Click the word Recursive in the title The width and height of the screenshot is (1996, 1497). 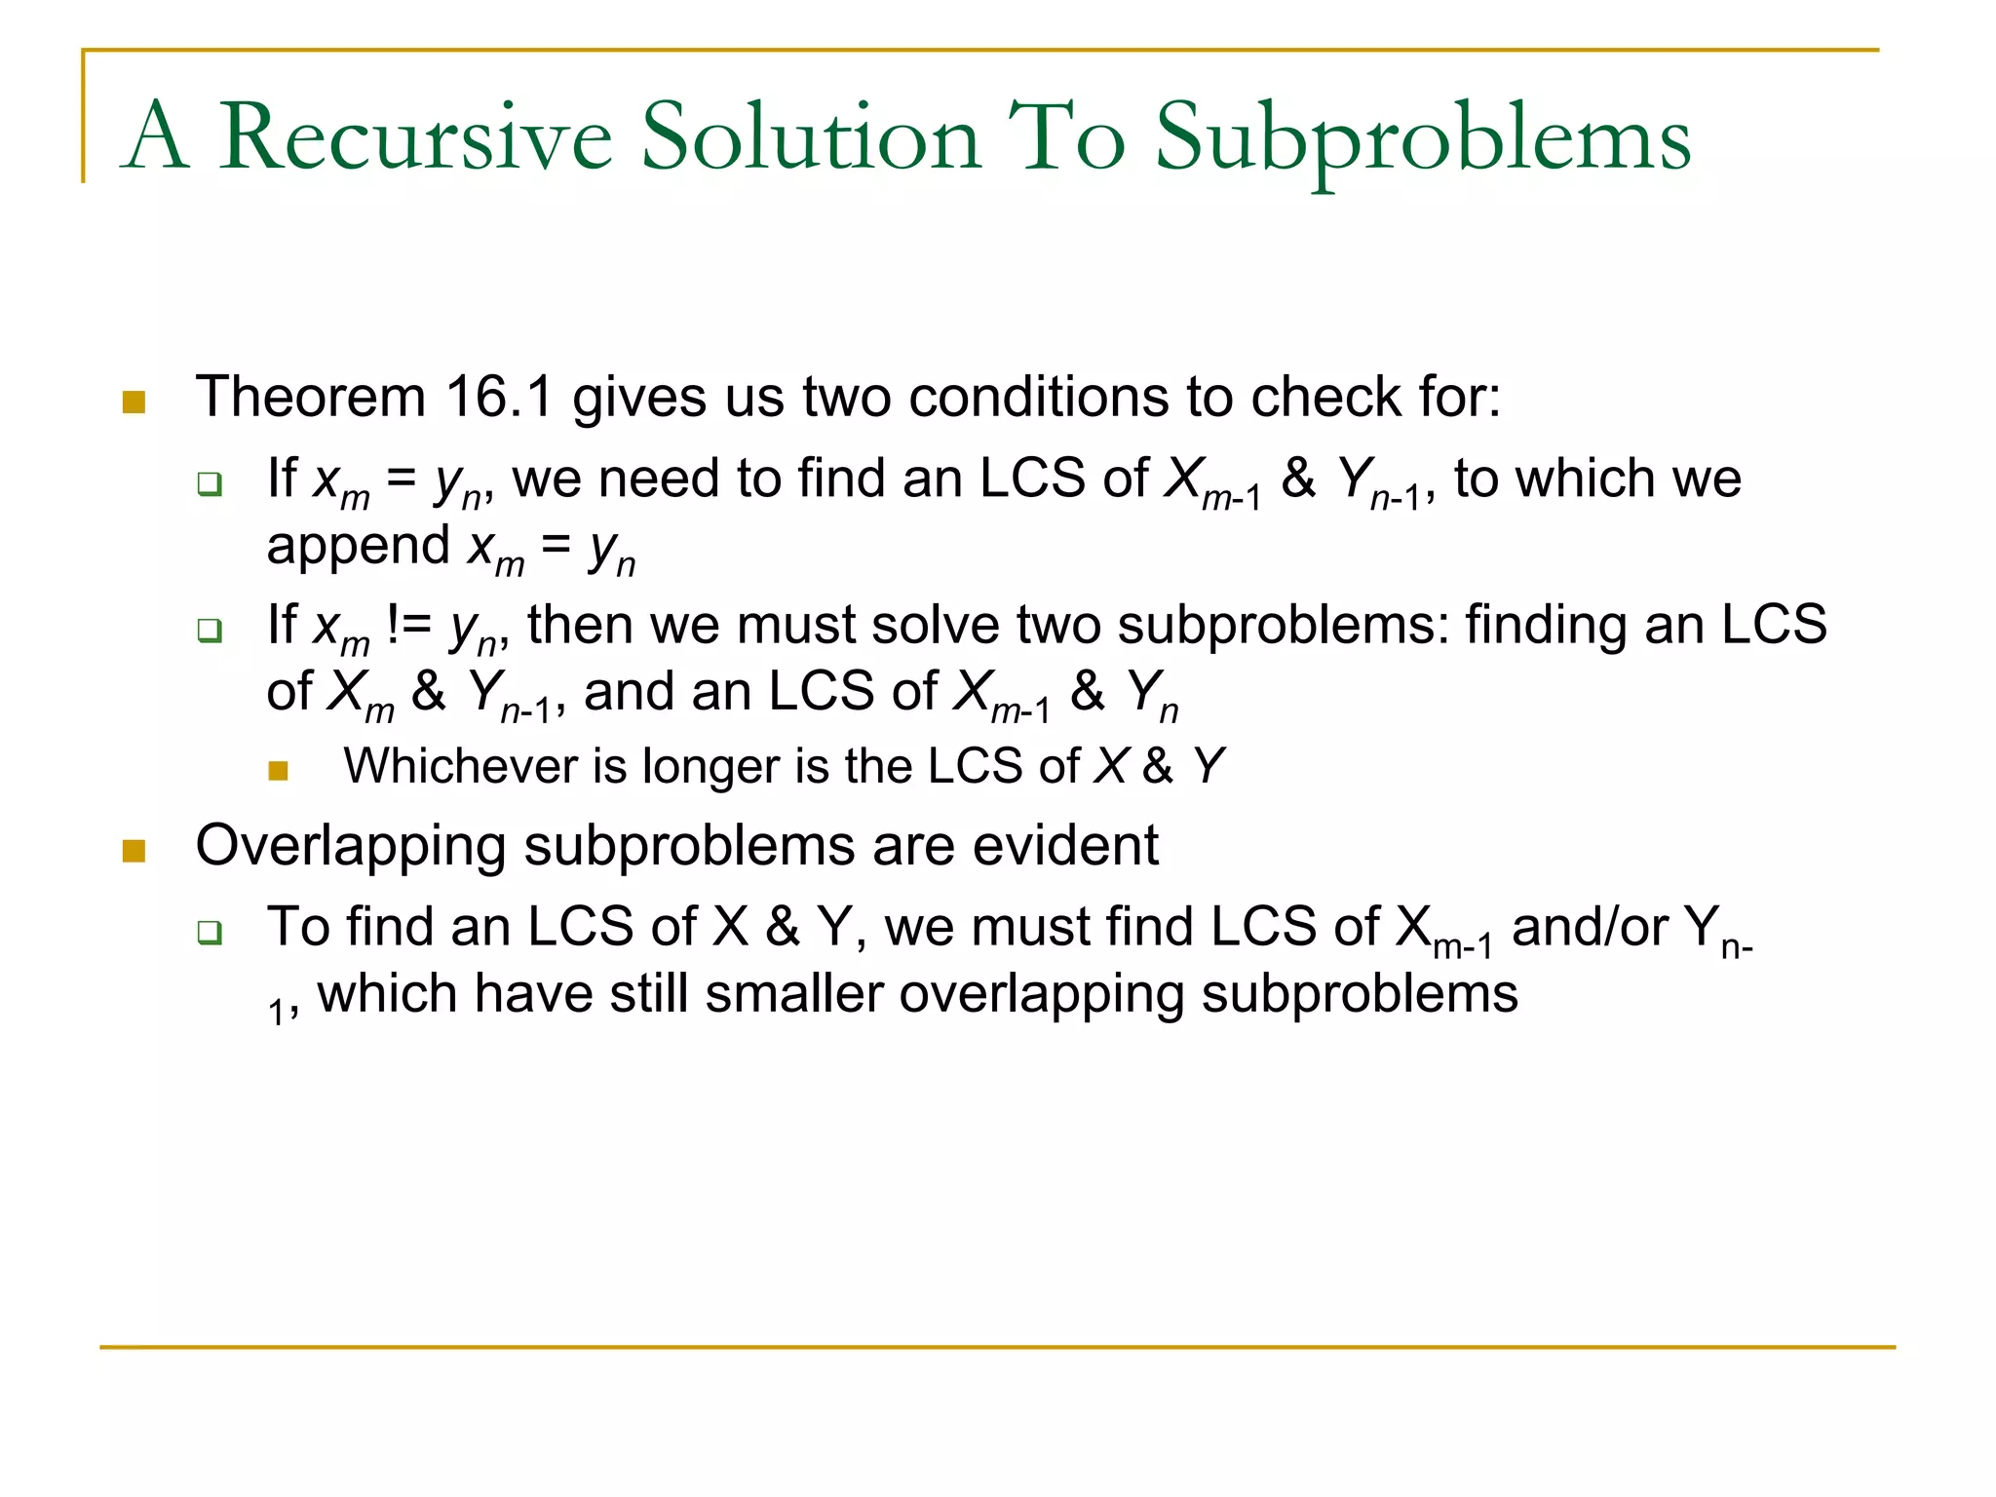point(415,137)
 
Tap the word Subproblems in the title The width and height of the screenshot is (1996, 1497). point(1422,139)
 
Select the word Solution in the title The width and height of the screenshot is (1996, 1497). point(810,137)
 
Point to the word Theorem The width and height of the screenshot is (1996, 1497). point(311,398)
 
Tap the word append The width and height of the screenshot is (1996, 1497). point(357,546)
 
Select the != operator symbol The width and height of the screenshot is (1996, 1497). point(408,625)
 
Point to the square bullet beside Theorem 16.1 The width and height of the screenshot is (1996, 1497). point(134,402)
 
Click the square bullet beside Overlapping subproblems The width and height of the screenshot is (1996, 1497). point(134,851)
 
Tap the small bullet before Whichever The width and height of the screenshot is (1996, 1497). point(279,771)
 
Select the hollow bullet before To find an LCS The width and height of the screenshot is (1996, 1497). point(210,932)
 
